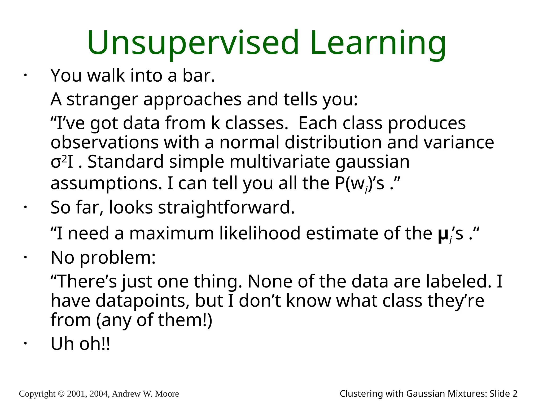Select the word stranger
(x=102, y=99)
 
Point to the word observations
(x=104, y=142)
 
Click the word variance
(x=459, y=142)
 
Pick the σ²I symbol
(x=62, y=162)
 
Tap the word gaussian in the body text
(x=373, y=162)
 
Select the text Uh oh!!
(x=80, y=344)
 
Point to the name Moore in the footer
(x=167, y=394)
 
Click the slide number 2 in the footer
(x=515, y=394)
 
